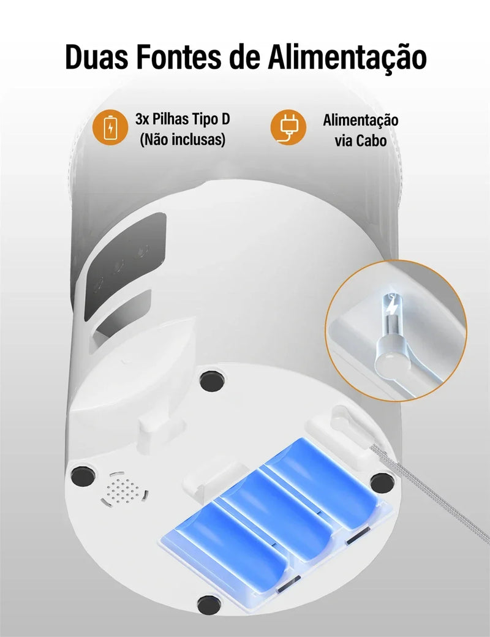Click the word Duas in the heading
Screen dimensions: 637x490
(x=98, y=57)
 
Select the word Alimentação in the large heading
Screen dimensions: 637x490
(x=347, y=57)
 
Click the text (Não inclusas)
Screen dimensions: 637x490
(x=183, y=140)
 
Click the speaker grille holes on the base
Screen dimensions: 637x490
(x=127, y=488)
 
